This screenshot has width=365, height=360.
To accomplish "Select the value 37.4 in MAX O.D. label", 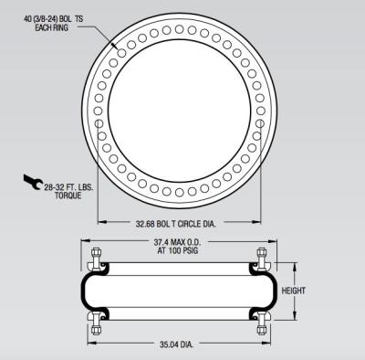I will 161,242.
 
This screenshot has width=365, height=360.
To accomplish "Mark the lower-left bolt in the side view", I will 94,323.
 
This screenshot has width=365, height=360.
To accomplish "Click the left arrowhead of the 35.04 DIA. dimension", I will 91,344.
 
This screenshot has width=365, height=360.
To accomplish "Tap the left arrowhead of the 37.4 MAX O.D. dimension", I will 86,242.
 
